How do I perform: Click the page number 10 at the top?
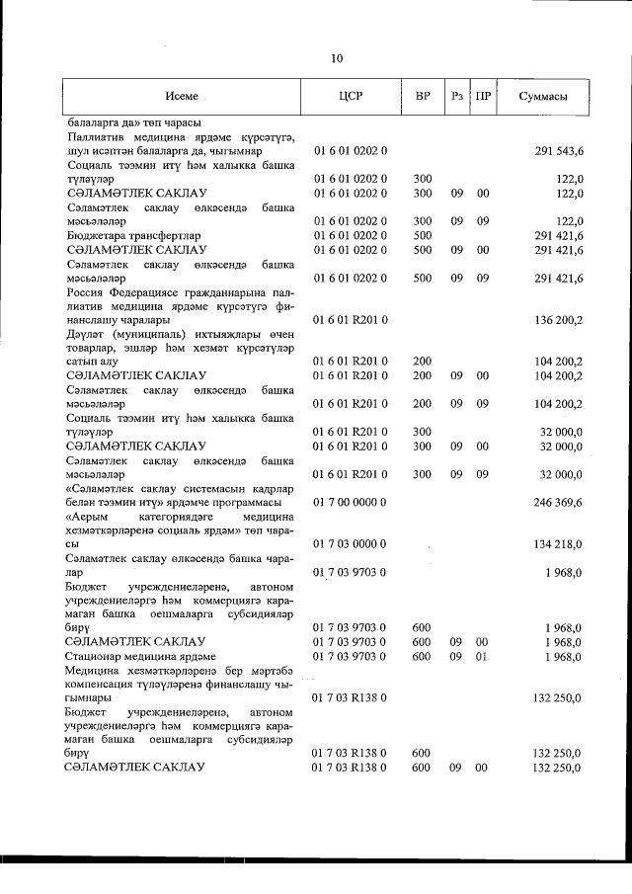[337, 59]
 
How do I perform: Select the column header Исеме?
[183, 96]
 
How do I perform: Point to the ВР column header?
[422, 96]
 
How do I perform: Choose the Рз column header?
[456, 96]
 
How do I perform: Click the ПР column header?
[483, 96]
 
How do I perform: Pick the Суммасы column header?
[543, 96]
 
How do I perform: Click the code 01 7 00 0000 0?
[350, 502]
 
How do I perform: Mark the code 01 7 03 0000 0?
[350, 543]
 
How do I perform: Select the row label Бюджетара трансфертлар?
[119, 236]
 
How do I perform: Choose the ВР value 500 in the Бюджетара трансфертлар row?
[422, 236]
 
